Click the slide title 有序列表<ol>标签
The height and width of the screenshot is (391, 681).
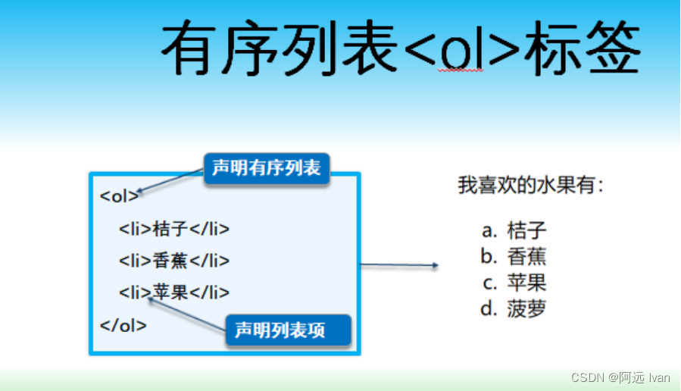tap(401, 48)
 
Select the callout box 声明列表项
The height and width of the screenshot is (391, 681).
tap(288, 330)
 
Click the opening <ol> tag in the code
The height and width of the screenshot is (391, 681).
tap(119, 196)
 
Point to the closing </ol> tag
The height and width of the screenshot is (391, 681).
tap(123, 326)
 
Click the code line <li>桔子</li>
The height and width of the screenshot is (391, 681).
tap(173, 229)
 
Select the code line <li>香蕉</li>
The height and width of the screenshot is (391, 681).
tap(173, 261)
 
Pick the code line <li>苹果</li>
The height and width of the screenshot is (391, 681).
tap(173, 292)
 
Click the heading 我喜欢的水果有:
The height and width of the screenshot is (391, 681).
tap(531, 185)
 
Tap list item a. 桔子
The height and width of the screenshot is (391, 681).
tap(514, 230)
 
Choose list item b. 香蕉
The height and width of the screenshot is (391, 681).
tap(514, 256)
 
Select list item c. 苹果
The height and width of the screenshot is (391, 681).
tap(514, 283)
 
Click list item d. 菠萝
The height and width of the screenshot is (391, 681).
tap(514, 309)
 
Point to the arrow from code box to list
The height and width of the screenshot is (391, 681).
tap(399, 265)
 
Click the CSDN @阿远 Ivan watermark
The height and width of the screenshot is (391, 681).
tap(620, 377)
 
